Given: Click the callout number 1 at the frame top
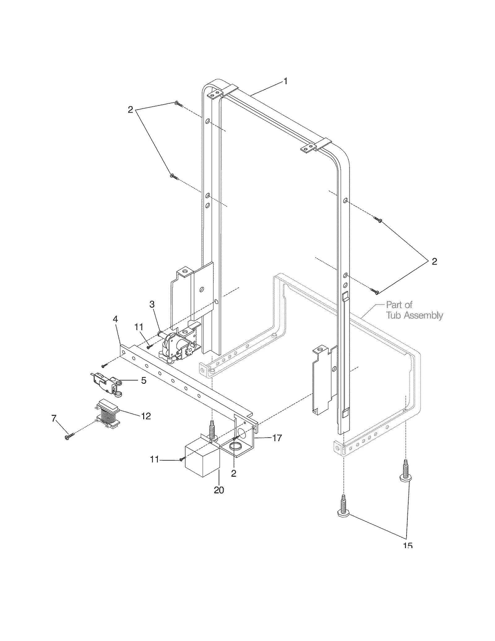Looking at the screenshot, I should [x=286, y=81].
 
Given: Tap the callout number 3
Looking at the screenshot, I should [x=152, y=304].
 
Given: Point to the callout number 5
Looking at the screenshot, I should [x=144, y=380].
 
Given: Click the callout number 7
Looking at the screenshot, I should [x=54, y=419].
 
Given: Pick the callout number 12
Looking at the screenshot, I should [x=146, y=416].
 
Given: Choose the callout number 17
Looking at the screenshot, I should [x=278, y=438].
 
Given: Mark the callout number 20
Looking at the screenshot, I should [x=219, y=490].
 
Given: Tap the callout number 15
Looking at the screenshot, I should [x=408, y=545].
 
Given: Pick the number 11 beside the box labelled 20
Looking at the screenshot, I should [x=154, y=460].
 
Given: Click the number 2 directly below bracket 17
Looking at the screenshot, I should [x=234, y=473].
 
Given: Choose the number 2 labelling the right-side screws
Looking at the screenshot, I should [x=434, y=262].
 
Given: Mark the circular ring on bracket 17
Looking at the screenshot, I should [x=237, y=447].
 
